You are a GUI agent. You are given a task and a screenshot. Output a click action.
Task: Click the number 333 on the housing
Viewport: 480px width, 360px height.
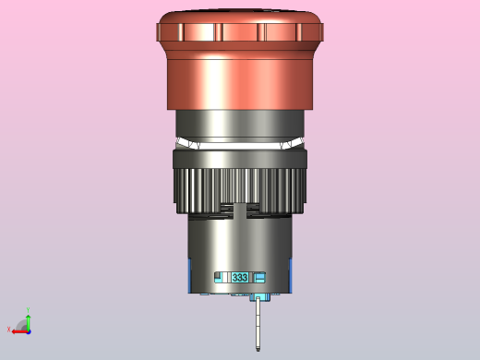tap(240, 278)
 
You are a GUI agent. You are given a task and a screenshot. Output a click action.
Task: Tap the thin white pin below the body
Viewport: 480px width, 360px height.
tap(258, 323)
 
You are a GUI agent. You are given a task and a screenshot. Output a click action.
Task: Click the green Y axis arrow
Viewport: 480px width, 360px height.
tap(29, 322)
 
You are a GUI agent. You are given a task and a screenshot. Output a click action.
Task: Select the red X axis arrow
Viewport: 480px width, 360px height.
tap(20, 332)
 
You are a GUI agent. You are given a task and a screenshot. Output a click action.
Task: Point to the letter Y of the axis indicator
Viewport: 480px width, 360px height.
tap(28, 310)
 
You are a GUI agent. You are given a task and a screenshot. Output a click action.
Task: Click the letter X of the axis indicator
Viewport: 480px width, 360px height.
tap(8, 330)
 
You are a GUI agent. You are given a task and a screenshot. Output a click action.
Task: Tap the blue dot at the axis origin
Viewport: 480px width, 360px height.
tap(29, 332)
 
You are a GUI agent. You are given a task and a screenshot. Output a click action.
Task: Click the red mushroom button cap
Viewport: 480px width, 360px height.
tap(240, 59)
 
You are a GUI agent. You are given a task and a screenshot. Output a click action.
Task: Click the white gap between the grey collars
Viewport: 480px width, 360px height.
tap(240, 144)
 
